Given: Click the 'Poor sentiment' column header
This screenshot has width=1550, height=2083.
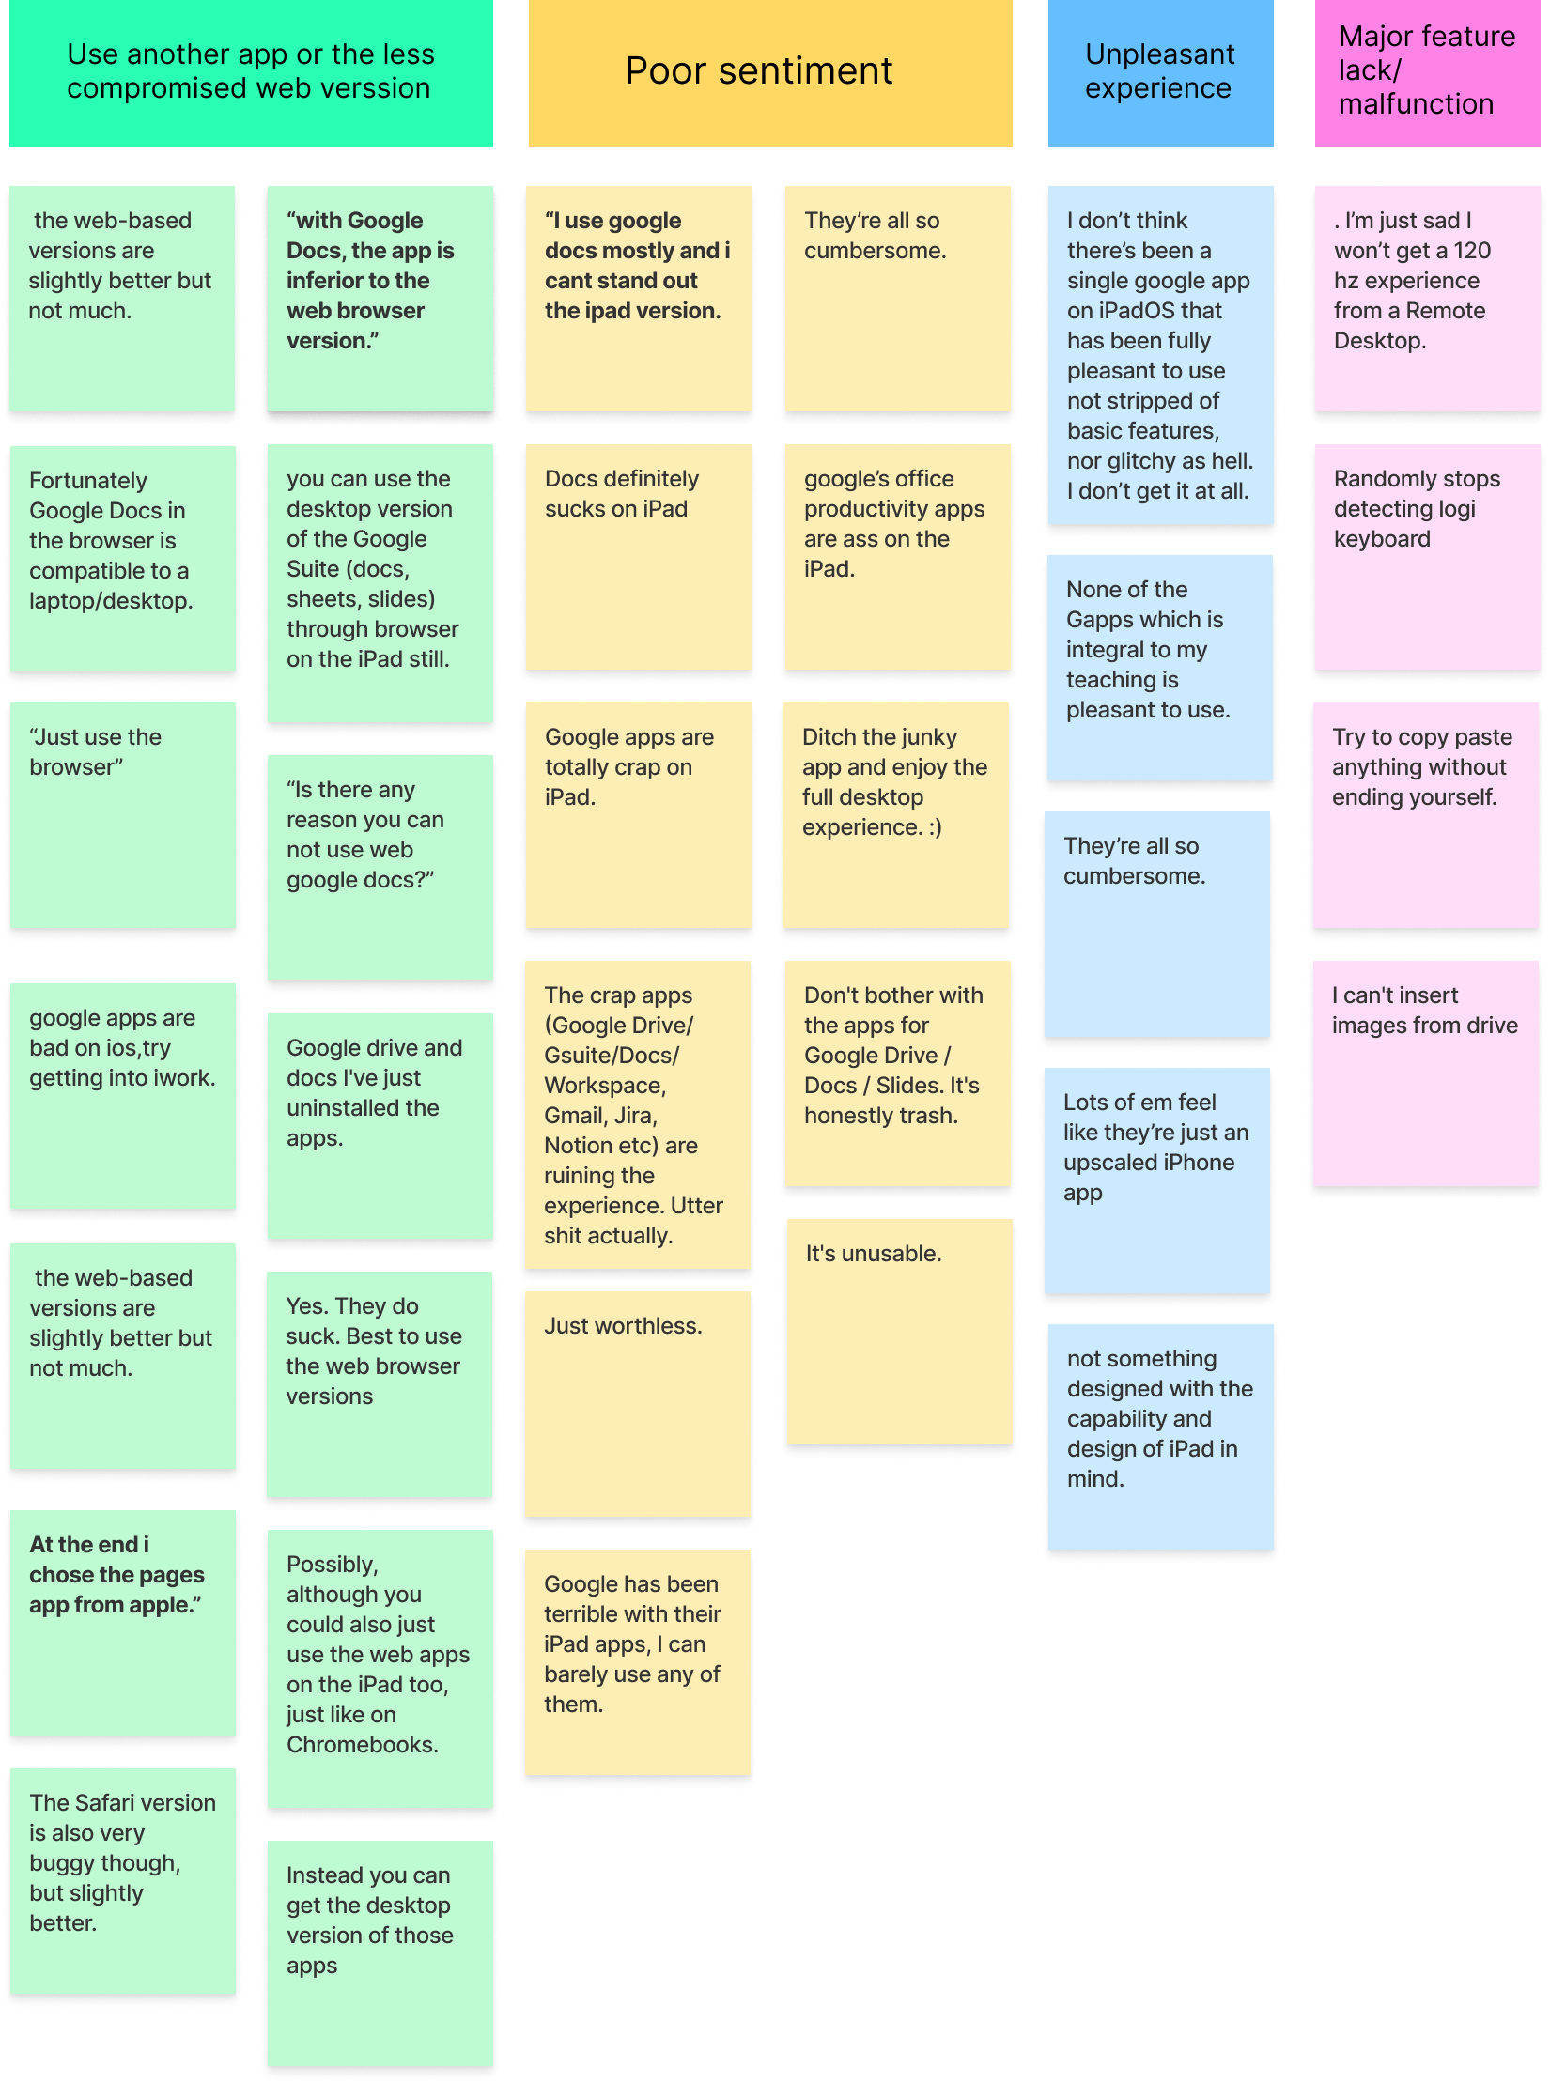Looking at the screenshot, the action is point(769,72).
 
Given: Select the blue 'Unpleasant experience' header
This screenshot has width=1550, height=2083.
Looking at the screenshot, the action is point(1160,72).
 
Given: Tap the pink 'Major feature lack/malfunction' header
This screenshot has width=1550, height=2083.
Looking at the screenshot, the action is point(1426,72).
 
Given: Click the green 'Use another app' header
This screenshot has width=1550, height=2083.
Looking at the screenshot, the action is point(251,72).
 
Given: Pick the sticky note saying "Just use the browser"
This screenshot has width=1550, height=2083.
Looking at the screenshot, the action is point(122,814).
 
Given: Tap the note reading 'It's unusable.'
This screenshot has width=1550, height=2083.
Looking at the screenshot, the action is point(899,1331).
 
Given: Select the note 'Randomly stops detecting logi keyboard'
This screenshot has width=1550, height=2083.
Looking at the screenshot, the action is point(1427,556).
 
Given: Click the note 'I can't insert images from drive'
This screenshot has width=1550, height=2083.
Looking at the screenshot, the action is point(1425,1072).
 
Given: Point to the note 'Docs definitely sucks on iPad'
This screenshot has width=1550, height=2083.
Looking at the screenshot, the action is point(638,556).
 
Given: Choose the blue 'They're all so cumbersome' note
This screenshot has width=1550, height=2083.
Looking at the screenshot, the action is point(1156,923).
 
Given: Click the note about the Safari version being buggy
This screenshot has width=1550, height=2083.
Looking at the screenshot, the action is point(122,1880).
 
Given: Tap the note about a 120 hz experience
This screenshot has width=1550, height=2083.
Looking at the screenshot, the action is point(1427,298).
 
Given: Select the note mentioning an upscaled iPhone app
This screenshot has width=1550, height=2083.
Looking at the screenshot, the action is point(1156,1180).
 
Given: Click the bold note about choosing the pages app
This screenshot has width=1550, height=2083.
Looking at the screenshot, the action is point(122,1622).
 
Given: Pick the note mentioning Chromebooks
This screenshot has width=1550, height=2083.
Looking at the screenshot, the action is point(380,1668).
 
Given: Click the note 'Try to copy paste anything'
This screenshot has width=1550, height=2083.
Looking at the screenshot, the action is point(1425,814).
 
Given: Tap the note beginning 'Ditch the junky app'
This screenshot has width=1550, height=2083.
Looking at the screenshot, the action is point(895,814).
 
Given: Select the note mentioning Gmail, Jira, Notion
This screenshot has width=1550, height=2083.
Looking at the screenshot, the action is point(637,1114).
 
